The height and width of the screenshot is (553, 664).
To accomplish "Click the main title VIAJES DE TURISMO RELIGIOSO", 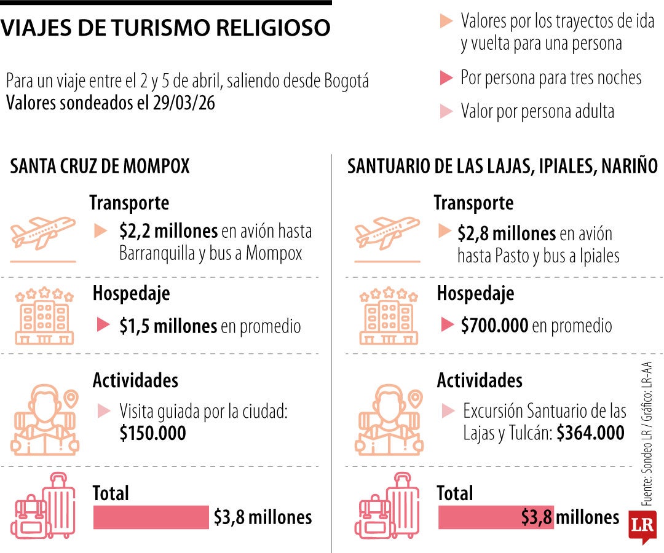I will (165, 27).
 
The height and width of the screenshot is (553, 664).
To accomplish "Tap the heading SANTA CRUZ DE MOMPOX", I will (100, 167).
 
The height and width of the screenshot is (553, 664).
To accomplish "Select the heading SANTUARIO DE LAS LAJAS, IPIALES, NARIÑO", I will (502, 167).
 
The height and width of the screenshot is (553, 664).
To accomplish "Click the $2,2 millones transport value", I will (168, 232).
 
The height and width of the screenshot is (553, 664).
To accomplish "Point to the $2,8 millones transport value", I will (507, 234).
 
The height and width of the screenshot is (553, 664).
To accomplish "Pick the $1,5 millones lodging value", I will (168, 326).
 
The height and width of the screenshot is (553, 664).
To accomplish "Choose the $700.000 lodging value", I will (494, 326).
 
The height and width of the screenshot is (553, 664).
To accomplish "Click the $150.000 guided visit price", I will (152, 433).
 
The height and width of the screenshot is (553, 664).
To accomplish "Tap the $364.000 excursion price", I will (591, 433).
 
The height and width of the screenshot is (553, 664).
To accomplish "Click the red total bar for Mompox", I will (151, 517).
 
